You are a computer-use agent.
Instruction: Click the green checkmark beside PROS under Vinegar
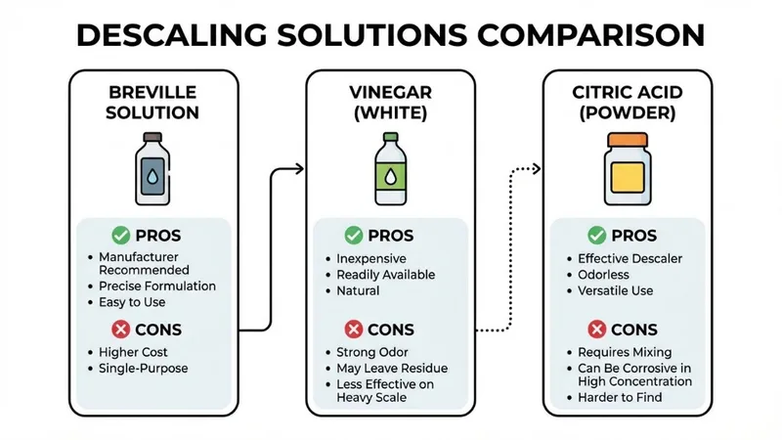[354, 236]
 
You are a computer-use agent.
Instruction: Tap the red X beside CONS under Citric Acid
[594, 329]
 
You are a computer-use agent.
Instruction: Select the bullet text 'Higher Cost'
[133, 352]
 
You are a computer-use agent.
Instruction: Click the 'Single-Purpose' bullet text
[142, 369]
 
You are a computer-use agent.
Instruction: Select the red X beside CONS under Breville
[120, 329]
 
